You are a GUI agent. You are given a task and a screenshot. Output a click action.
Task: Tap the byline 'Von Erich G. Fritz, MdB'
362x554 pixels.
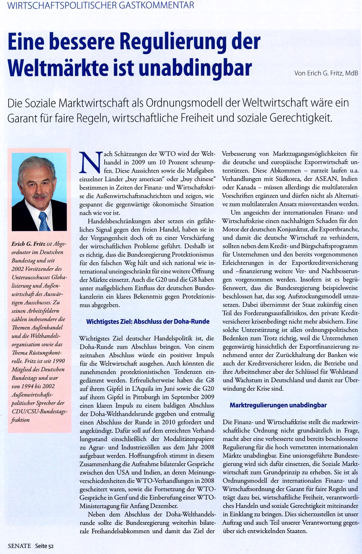click(326, 73)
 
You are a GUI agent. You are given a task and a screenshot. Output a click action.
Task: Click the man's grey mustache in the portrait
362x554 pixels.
click(39, 196)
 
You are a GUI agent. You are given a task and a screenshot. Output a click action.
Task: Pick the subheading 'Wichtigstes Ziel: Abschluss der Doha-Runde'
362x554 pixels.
click(148, 321)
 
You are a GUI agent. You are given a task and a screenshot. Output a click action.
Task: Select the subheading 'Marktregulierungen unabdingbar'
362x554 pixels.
click(278, 405)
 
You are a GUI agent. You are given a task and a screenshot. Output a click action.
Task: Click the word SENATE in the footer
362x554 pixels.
click(20, 546)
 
